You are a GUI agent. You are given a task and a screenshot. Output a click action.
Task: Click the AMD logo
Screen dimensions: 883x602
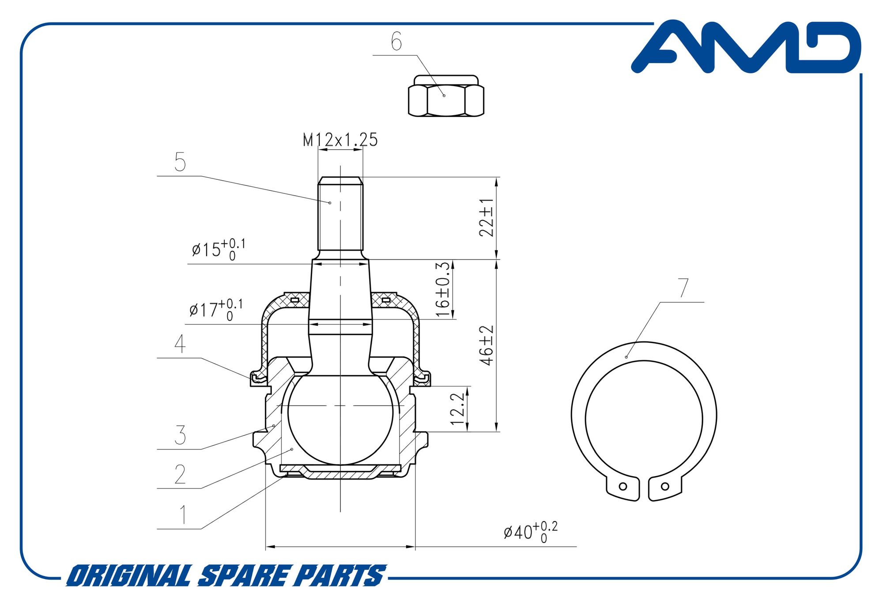(x=746, y=46)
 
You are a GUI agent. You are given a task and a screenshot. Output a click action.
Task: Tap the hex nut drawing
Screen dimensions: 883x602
(x=446, y=96)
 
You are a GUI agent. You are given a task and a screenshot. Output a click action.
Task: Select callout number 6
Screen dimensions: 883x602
(x=396, y=42)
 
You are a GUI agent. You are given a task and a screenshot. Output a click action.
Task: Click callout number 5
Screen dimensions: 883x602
(x=180, y=162)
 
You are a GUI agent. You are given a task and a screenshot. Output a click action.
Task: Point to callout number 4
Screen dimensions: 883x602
(x=180, y=344)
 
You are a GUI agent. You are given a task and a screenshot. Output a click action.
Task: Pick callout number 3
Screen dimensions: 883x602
(x=180, y=435)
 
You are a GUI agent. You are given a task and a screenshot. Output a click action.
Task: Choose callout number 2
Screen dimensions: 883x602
(x=180, y=474)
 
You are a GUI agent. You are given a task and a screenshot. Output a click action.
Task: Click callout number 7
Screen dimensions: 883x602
(x=683, y=288)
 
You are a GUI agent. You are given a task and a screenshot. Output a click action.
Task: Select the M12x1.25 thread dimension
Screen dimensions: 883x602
(x=340, y=140)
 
